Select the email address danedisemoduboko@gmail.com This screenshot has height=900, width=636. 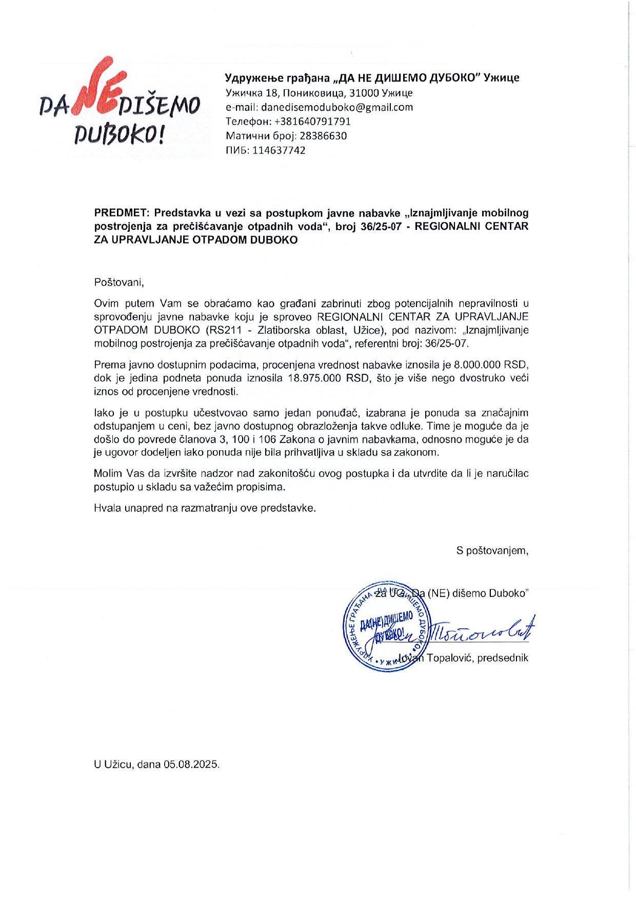coord(337,107)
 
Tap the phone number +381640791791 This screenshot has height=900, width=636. coord(313,122)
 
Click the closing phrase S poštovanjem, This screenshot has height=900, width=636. coord(492,551)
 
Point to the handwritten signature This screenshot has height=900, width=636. coord(482,630)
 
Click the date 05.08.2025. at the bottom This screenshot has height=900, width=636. coord(191,764)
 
